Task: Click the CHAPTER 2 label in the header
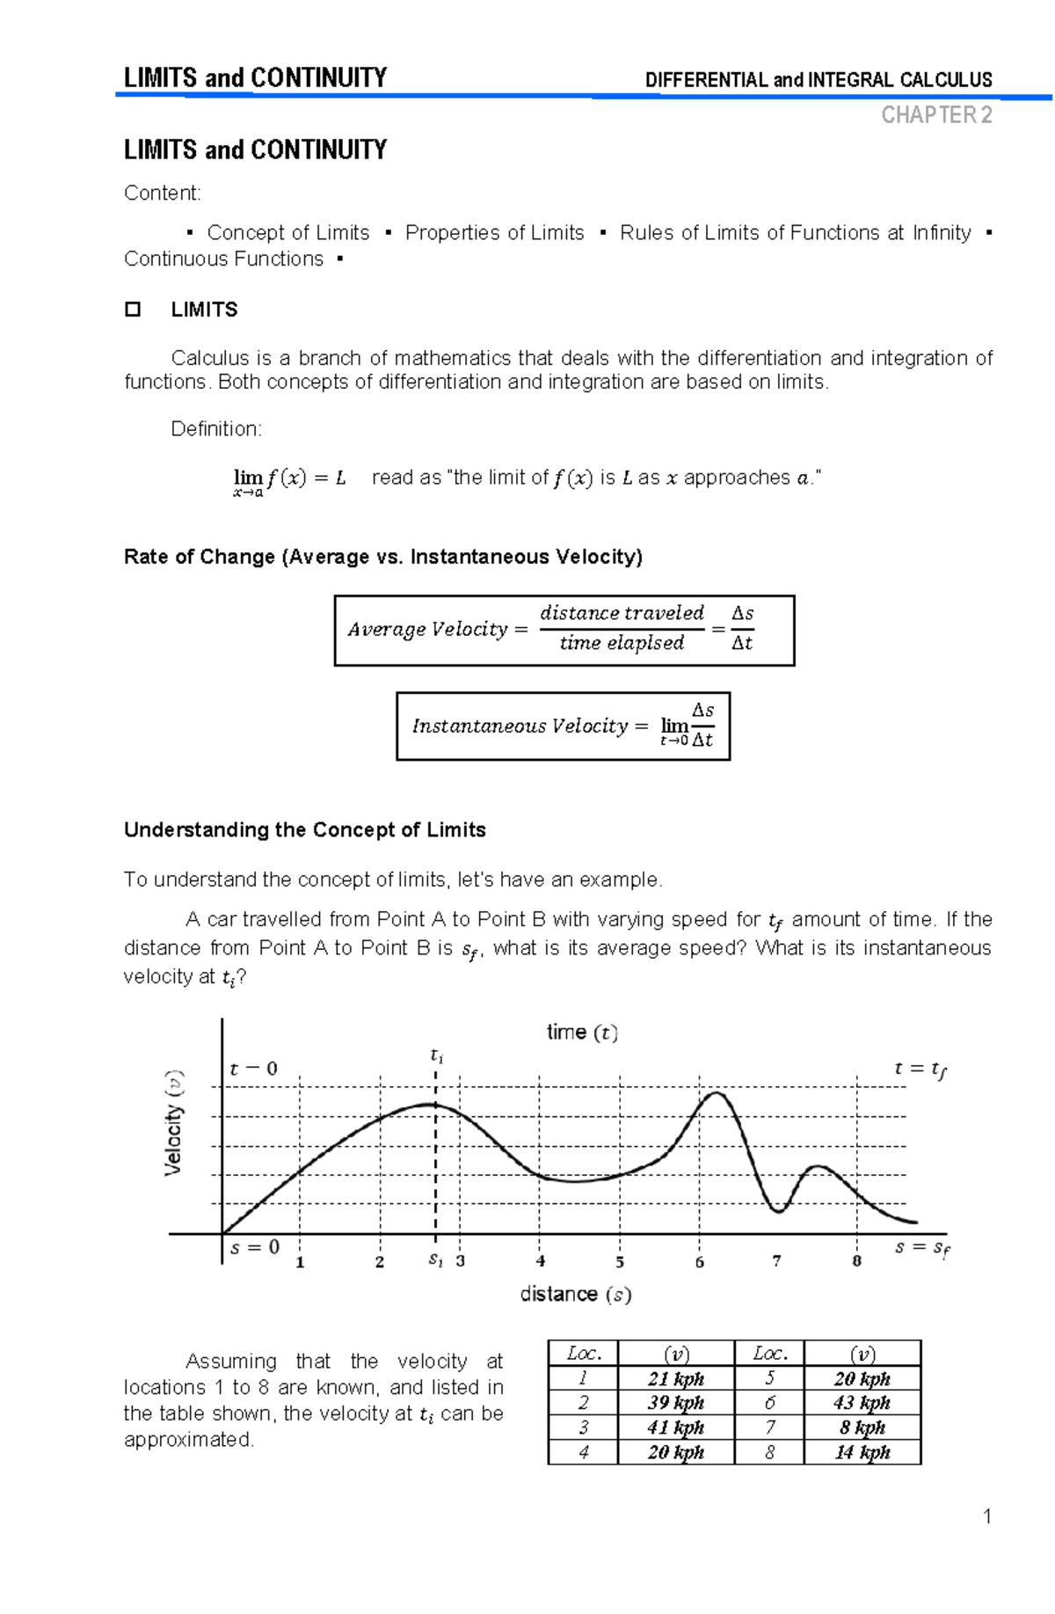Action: (936, 115)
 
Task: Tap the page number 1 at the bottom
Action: (987, 1515)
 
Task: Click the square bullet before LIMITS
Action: (133, 310)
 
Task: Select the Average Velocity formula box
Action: (564, 630)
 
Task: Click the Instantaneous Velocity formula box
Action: (563, 726)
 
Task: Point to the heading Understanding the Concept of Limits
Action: (304, 829)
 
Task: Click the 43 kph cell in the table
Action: (862, 1402)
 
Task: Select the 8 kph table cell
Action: (862, 1427)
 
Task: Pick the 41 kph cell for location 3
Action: (675, 1427)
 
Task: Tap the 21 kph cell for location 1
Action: (675, 1378)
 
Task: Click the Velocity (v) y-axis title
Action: (174, 1122)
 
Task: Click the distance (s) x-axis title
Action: (575, 1294)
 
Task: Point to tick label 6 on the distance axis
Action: (699, 1262)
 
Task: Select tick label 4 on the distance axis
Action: (540, 1261)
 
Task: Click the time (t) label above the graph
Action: (582, 1033)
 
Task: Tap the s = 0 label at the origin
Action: (254, 1247)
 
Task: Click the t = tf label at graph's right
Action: (920, 1070)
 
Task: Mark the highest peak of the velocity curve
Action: (717, 1093)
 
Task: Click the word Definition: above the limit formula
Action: (215, 428)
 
